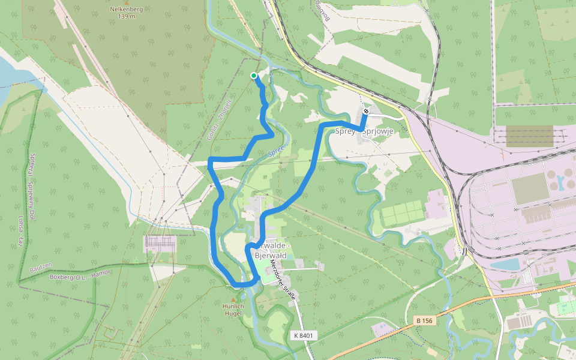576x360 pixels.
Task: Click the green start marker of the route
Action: (x=254, y=76)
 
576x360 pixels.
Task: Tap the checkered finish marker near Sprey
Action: (x=366, y=111)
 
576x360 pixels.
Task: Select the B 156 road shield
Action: (x=424, y=321)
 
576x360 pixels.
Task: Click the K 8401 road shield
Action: (x=304, y=335)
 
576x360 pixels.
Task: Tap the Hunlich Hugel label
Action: (x=233, y=310)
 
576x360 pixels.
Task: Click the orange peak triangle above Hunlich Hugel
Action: (x=233, y=299)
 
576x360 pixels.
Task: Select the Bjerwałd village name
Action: (x=271, y=256)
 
